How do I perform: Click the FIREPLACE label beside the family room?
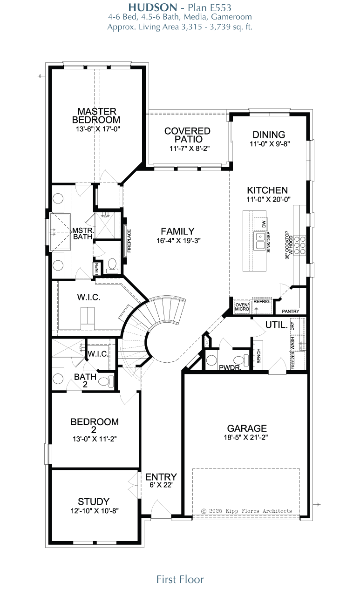(129, 241)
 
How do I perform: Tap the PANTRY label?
(291, 312)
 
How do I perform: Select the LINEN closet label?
(97, 269)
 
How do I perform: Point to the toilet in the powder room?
(241, 360)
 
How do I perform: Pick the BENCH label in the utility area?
(258, 356)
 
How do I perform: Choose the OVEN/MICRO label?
(242, 307)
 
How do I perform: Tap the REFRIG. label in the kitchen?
(262, 302)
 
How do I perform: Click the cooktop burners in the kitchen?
(300, 245)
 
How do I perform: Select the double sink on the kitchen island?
(260, 241)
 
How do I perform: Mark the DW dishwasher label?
(264, 224)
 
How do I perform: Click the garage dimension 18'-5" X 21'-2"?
(246, 437)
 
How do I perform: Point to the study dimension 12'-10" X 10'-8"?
(95, 511)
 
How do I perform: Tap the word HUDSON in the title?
(153, 7)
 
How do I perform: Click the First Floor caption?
(180, 579)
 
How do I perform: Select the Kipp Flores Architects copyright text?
(246, 511)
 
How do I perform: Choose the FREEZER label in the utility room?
(292, 360)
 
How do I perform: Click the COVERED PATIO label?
(188, 135)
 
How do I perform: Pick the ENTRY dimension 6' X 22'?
(161, 485)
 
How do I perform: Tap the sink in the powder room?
(211, 360)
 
